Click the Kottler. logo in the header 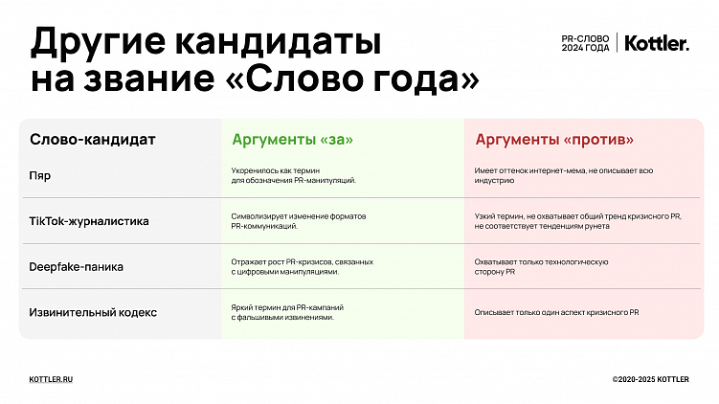657,43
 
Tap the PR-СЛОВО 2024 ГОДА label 585,43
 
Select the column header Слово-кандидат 93,140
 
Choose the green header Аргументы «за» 292,140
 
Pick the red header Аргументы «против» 554,140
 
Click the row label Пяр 41,175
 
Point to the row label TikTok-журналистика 90,221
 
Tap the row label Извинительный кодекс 94,312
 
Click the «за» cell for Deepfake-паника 302,266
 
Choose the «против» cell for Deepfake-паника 541,266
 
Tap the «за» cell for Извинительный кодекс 287,312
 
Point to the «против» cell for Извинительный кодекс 556,313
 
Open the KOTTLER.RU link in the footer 52,380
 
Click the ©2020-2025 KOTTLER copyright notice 650,380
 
